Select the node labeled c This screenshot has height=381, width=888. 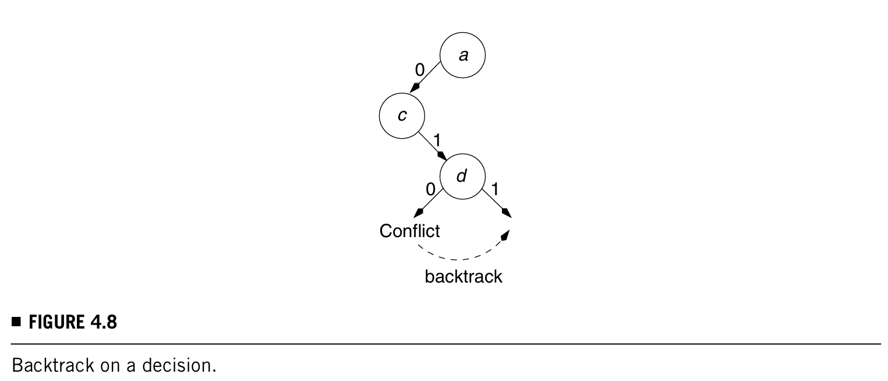402,116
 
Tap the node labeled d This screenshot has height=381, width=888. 462,176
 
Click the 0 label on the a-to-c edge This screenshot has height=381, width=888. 419,70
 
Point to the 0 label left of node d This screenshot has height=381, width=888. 430,189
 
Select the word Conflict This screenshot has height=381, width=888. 409,231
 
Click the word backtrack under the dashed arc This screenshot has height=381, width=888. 463,276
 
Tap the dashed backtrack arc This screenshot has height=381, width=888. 460,258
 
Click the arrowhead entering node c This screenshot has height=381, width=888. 414,88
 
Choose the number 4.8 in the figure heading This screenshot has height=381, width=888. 103,322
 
